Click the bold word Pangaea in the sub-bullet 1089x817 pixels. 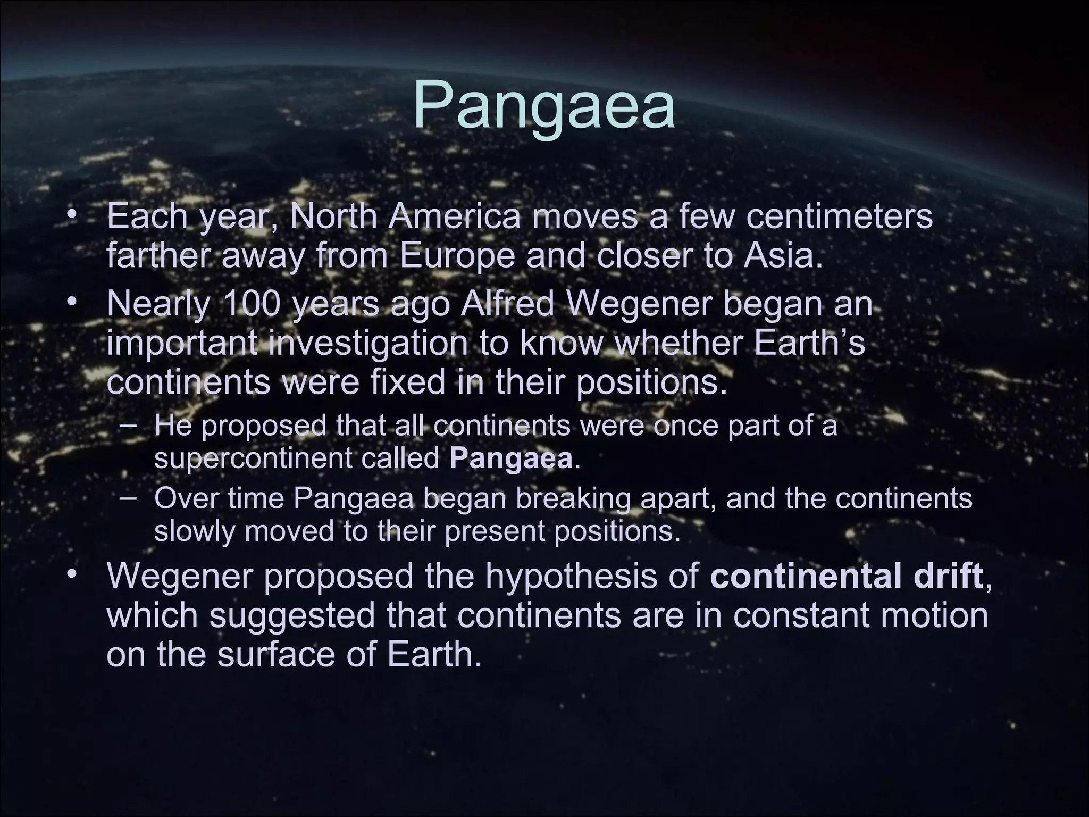click(x=511, y=458)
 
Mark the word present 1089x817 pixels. click(x=496, y=531)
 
